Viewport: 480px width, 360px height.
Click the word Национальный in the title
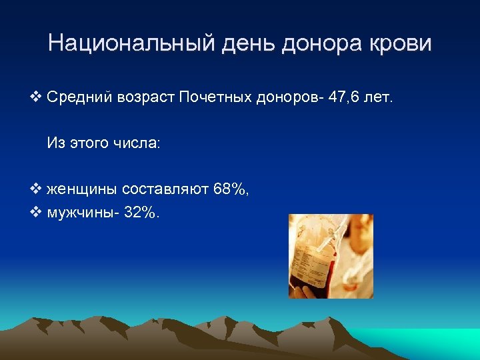click(125, 44)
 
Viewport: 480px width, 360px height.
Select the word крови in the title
click(402, 44)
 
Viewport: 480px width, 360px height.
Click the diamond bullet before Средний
click(37, 99)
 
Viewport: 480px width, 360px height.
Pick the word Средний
click(79, 99)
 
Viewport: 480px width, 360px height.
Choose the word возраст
click(145, 99)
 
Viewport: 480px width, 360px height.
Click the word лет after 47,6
click(382, 99)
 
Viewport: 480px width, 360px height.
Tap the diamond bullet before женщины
click(37, 189)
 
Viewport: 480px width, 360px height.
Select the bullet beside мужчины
click(37, 213)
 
